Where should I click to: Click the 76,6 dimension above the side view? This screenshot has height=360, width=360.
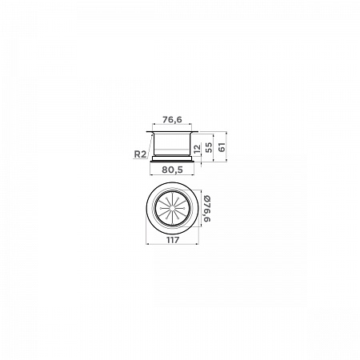point(172,120)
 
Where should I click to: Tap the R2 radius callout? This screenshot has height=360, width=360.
point(140,154)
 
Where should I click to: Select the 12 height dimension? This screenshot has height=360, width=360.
point(198,149)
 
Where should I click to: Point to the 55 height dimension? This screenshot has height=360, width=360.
point(210,147)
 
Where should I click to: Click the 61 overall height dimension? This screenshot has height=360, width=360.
point(222,147)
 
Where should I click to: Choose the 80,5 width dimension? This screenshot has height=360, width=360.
point(172,170)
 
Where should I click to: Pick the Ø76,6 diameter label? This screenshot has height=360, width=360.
point(207,209)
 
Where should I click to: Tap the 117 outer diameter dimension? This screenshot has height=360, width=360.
point(173,240)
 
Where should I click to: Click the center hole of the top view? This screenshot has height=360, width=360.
point(172,208)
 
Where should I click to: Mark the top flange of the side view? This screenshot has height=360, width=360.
point(172,132)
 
